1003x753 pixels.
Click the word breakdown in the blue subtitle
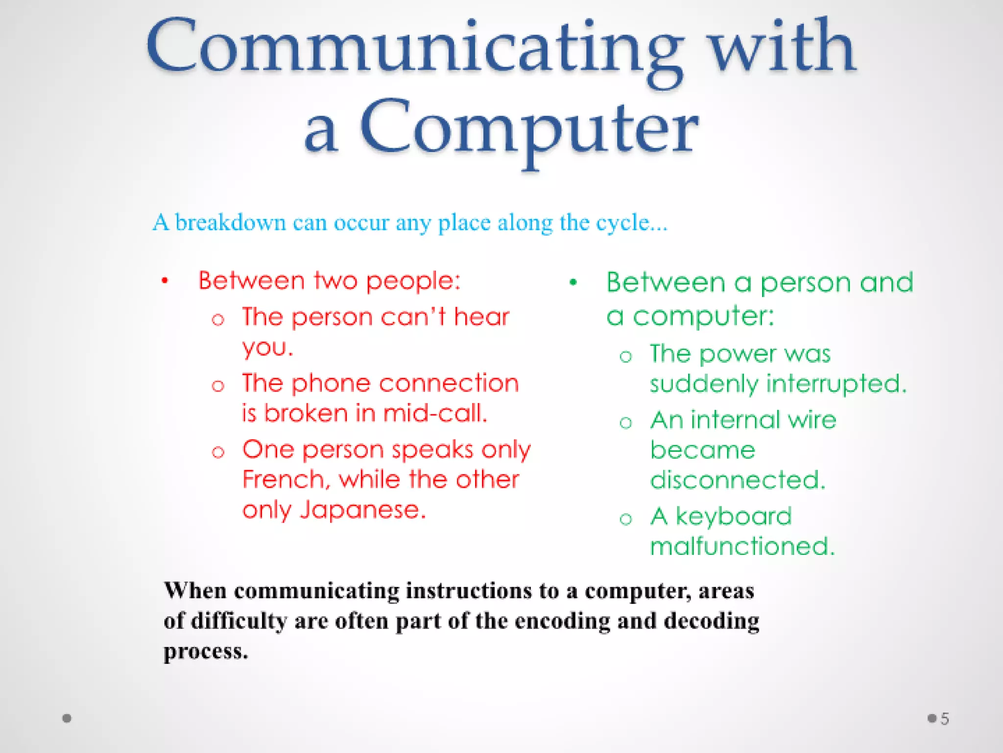tap(230, 223)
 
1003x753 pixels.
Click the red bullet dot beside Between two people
tap(165, 281)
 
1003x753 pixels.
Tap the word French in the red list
tap(283, 479)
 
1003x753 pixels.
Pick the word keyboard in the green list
tap(733, 516)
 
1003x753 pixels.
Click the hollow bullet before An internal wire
tap(625, 423)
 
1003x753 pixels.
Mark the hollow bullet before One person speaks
tap(218, 452)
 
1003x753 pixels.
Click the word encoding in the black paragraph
tap(562, 621)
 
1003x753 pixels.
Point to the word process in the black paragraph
tap(205, 652)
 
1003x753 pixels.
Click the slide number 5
tap(945, 719)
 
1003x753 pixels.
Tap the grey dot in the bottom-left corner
tap(67, 718)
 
